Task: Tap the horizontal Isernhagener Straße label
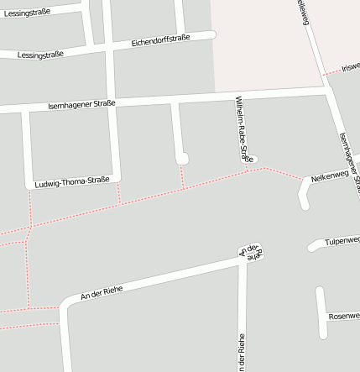tap(82, 103)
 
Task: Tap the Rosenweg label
tap(345, 317)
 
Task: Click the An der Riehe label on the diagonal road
tap(102, 292)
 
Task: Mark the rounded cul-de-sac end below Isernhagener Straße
tap(181, 158)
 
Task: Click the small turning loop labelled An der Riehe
tap(251, 251)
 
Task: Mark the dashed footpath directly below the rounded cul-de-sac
tap(182, 176)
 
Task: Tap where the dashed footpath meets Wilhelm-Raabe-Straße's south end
tap(248, 169)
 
